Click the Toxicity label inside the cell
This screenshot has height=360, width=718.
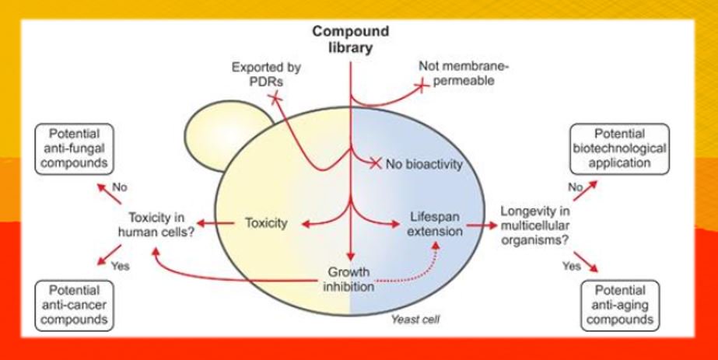pos(266,224)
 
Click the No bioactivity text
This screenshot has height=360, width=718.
pos(424,164)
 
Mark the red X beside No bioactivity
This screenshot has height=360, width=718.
pos(377,163)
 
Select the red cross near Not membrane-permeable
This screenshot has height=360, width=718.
pos(422,85)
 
